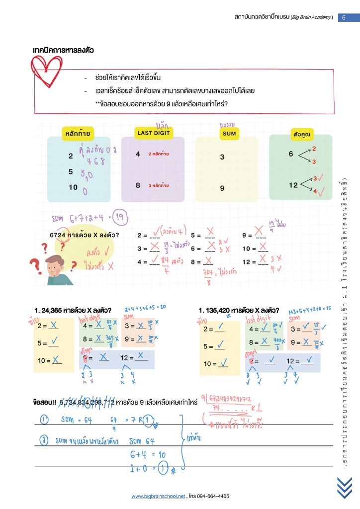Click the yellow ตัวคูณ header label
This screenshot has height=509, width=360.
point(302,134)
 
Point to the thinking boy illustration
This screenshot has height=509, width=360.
point(59,270)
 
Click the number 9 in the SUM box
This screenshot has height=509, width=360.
point(222,188)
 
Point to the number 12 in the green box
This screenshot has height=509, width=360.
point(293,185)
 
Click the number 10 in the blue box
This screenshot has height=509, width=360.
point(73,187)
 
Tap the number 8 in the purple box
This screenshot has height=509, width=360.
point(138,185)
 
